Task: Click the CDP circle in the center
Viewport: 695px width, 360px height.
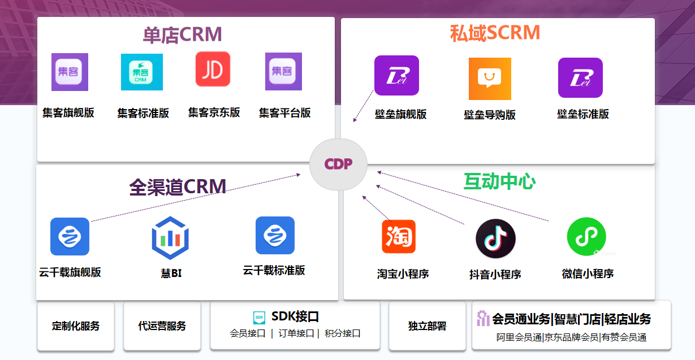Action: pyautogui.click(x=339, y=164)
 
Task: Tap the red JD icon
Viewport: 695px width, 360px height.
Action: pyautogui.click(x=213, y=69)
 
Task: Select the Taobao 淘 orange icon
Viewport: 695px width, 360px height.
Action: pyautogui.click(x=399, y=236)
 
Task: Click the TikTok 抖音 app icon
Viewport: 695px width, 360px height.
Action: pyautogui.click(x=495, y=238)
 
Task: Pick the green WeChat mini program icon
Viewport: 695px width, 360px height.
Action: pyautogui.click(x=586, y=237)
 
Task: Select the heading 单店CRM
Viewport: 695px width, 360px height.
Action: pyautogui.click(x=182, y=35)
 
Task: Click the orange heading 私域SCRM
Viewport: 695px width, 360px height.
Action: pyautogui.click(x=495, y=33)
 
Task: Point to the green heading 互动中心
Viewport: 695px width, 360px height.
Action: pyautogui.click(x=499, y=181)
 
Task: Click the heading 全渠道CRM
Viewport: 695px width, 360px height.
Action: pyautogui.click(x=178, y=187)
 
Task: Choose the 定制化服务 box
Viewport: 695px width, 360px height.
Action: pyautogui.click(x=76, y=326)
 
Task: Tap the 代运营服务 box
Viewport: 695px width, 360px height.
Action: pyautogui.click(x=162, y=326)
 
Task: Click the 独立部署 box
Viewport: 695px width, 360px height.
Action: pyautogui.click(x=427, y=326)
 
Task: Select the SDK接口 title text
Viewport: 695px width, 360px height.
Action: pyautogui.click(x=295, y=316)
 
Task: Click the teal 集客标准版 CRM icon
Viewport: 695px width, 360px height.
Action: pyautogui.click(x=142, y=72)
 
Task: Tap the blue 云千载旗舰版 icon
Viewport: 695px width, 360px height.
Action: pyautogui.click(x=70, y=236)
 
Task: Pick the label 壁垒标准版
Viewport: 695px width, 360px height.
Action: pyautogui.click(x=583, y=114)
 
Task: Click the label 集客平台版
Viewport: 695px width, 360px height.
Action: pyautogui.click(x=284, y=112)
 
